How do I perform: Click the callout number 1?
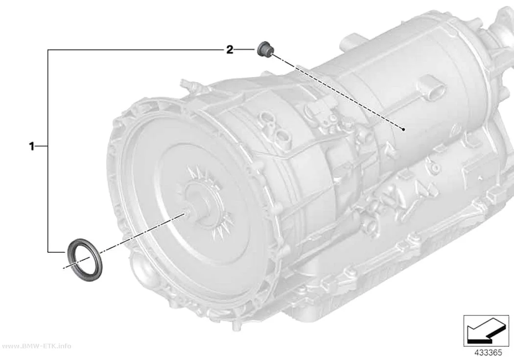click(32, 146)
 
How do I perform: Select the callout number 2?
click(230, 50)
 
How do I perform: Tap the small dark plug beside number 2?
click(265, 49)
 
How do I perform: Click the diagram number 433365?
click(488, 353)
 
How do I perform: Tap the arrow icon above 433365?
click(486, 331)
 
